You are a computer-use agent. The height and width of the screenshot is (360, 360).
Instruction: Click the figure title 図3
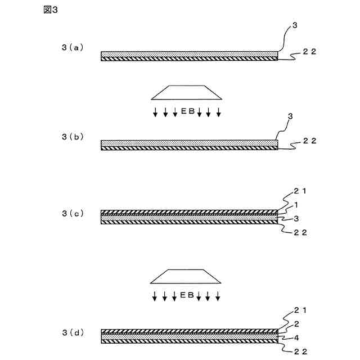click(50, 12)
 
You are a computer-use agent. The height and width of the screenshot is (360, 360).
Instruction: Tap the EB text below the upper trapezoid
click(187, 111)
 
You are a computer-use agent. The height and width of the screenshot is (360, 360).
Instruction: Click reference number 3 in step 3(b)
click(290, 116)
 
